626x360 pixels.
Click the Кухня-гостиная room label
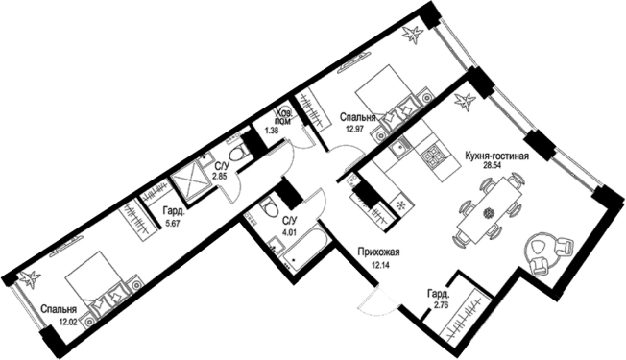click(x=496, y=156)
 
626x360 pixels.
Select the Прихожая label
click(x=378, y=252)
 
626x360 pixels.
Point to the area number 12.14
click(x=379, y=264)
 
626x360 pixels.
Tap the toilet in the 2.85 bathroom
click(x=239, y=153)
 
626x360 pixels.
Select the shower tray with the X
click(x=189, y=184)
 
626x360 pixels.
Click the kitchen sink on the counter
click(x=397, y=149)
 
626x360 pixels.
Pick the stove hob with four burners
click(x=433, y=156)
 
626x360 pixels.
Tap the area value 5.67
click(x=172, y=223)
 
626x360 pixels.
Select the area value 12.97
click(x=353, y=130)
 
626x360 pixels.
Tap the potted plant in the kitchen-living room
click(x=465, y=101)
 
